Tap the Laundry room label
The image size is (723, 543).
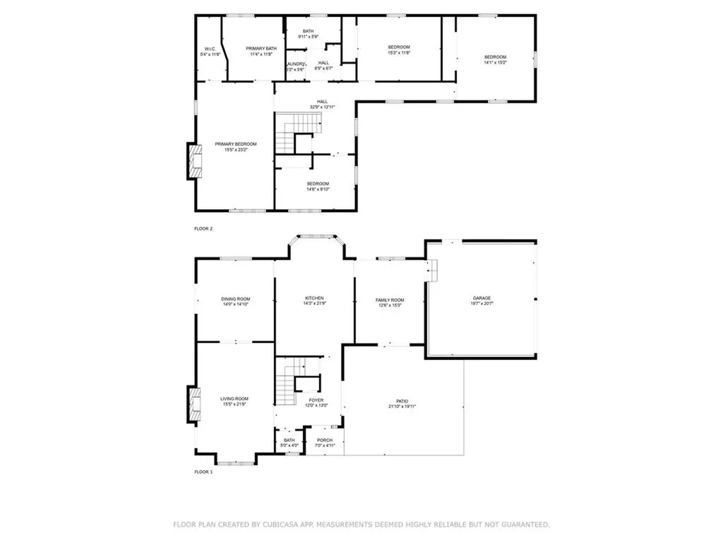295,64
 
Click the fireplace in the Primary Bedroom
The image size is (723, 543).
193,161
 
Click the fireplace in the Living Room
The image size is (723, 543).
193,404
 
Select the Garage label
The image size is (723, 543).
482,298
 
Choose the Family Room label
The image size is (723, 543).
389,300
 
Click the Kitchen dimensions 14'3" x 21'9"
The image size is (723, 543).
314,304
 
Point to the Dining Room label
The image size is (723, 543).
236,299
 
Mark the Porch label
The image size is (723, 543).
325,440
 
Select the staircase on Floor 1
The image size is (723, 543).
285,382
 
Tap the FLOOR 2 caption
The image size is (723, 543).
203,228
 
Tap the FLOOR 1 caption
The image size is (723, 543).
203,471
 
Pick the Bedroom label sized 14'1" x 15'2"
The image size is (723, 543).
495,57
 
